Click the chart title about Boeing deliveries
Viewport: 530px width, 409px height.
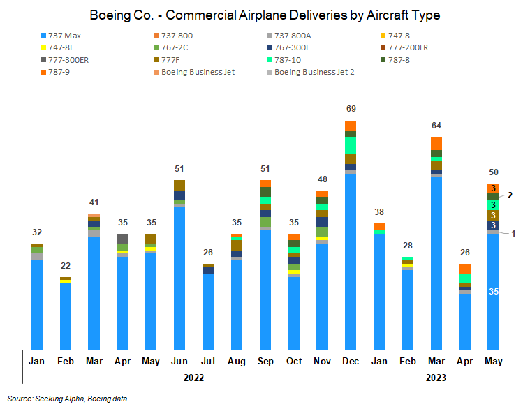click(265, 14)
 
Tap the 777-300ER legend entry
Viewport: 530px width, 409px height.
click(67, 59)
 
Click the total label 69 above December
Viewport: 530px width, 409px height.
click(351, 109)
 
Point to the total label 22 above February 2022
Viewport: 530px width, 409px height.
click(66, 265)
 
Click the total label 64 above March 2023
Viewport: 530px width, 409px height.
click(436, 126)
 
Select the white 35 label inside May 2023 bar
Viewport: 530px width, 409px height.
click(493, 291)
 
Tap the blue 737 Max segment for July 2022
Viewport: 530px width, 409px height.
click(208, 311)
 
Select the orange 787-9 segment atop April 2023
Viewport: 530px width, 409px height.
click(464, 269)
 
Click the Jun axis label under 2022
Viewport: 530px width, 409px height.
click(179, 361)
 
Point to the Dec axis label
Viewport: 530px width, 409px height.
click(351, 361)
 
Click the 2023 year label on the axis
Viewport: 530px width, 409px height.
click(436, 378)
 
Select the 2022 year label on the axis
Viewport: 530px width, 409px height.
click(193, 378)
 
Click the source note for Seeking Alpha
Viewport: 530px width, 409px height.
click(68, 399)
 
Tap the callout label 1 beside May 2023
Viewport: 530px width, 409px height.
click(513, 233)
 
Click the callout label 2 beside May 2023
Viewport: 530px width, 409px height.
click(510, 195)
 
